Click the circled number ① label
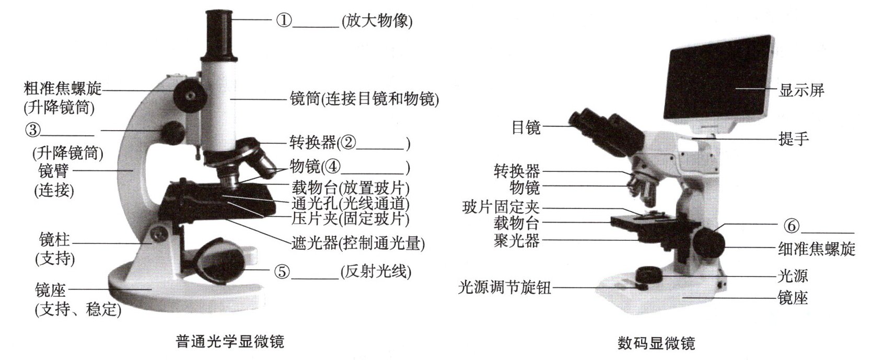[283, 20]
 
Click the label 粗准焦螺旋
[63, 89]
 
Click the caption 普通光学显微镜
[230, 342]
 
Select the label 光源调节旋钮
[504, 287]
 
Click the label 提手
[793, 138]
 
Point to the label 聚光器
[517, 241]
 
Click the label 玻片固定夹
[501, 207]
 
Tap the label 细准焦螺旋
[817, 249]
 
